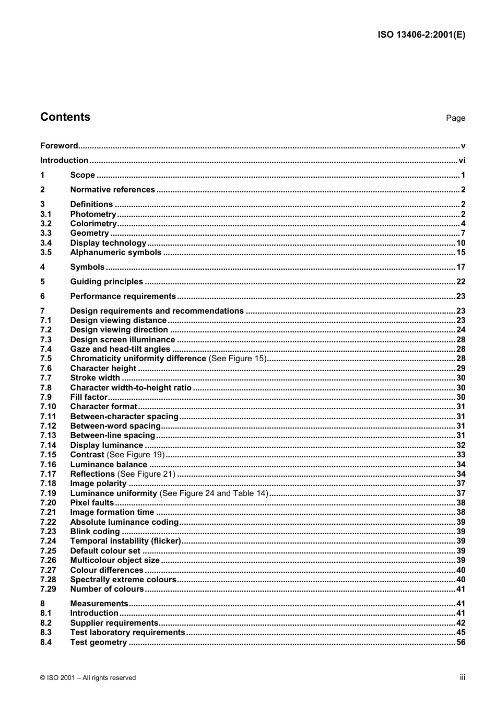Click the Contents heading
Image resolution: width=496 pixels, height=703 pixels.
pos(65,117)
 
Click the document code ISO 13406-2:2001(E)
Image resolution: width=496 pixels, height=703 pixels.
pos(421,35)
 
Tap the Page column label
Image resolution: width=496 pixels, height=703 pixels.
pos(455,118)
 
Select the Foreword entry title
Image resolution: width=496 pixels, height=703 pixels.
pos(59,146)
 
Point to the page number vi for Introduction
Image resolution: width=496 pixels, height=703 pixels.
pos(462,160)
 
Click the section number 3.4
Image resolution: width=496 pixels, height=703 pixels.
pos(46,243)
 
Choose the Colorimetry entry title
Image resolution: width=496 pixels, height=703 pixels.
pos(93,224)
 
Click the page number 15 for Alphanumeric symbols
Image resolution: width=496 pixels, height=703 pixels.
pos(460,252)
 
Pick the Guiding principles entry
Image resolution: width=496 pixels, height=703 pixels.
pos(107,282)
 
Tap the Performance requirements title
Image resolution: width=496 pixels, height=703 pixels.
pos(123,296)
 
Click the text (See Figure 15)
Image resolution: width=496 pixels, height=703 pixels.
pos(238,359)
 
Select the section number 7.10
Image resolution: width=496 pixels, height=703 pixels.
pos(48,407)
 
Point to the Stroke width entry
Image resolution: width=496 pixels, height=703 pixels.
pos(95,378)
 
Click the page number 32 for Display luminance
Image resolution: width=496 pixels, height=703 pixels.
pos(460,445)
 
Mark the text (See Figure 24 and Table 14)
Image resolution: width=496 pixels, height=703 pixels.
pos(214,493)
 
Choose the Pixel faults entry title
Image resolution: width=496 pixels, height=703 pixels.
pos(92,503)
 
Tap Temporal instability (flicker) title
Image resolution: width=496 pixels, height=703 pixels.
pos(125,541)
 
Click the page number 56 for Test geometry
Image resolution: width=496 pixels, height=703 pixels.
pos(460,642)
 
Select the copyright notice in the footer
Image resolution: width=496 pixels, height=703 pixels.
pos(88,678)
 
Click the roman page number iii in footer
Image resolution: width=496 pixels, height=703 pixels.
pos(462,677)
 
